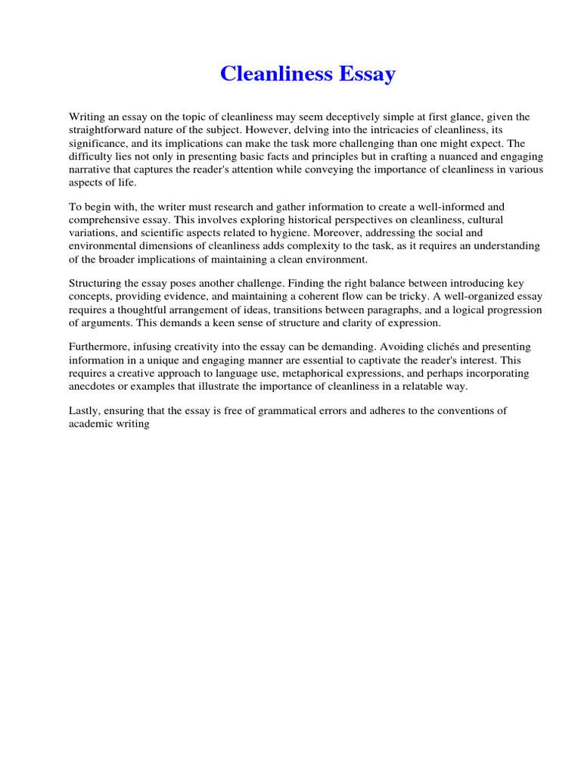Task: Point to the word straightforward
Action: coord(107,129)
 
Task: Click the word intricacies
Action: coord(366,129)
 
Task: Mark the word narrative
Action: coord(91,169)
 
